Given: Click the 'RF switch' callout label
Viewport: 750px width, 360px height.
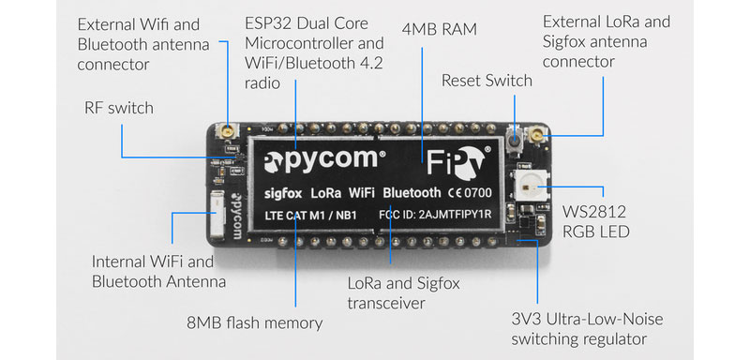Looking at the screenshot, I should click(118, 108).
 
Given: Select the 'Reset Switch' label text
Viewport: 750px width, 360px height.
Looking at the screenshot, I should click(487, 81).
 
